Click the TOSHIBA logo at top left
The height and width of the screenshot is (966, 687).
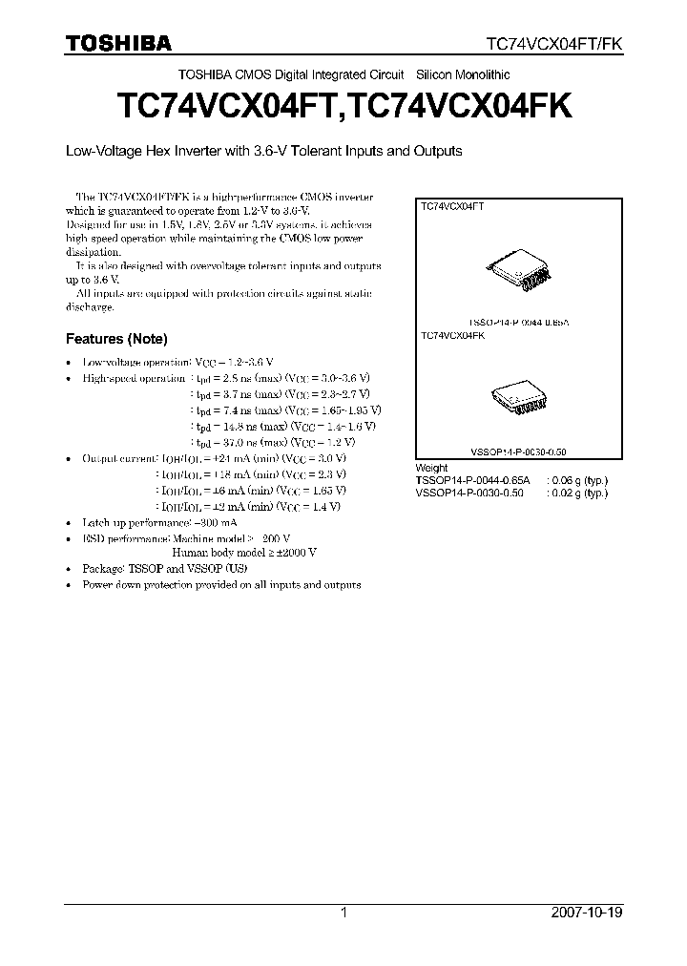(x=118, y=43)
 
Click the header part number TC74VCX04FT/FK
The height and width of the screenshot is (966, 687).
(x=554, y=44)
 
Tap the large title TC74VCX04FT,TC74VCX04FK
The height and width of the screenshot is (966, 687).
(x=343, y=106)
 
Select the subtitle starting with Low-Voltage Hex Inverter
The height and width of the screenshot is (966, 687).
(x=263, y=151)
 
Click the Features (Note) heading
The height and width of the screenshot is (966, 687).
(x=116, y=339)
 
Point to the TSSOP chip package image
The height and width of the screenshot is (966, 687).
(x=520, y=270)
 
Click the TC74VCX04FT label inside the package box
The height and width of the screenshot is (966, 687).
(x=453, y=205)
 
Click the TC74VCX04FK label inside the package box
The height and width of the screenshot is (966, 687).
(x=453, y=336)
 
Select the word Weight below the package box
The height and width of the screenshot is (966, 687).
(x=432, y=468)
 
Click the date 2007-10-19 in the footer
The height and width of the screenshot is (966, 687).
(x=587, y=913)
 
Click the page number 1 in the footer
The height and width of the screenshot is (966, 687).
(x=343, y=913)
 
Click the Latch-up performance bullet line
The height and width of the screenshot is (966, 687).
(x=160, y=523)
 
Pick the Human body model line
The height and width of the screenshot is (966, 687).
(x=244, y=553)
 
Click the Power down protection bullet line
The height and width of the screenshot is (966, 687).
(x=221, y=584)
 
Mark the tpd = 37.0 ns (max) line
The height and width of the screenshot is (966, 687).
(x=273, y=442)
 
